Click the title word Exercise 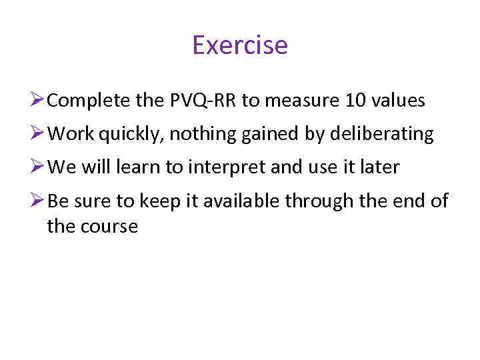click(x=239, y=45)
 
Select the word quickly click(x=133, y=135)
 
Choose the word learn click(x=143, y=167)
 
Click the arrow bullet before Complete click(x=37, y=101)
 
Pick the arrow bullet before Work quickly click(x=37, y=134)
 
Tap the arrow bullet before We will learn click(x=37, y=167)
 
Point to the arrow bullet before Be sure click(x=37, y=201)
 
